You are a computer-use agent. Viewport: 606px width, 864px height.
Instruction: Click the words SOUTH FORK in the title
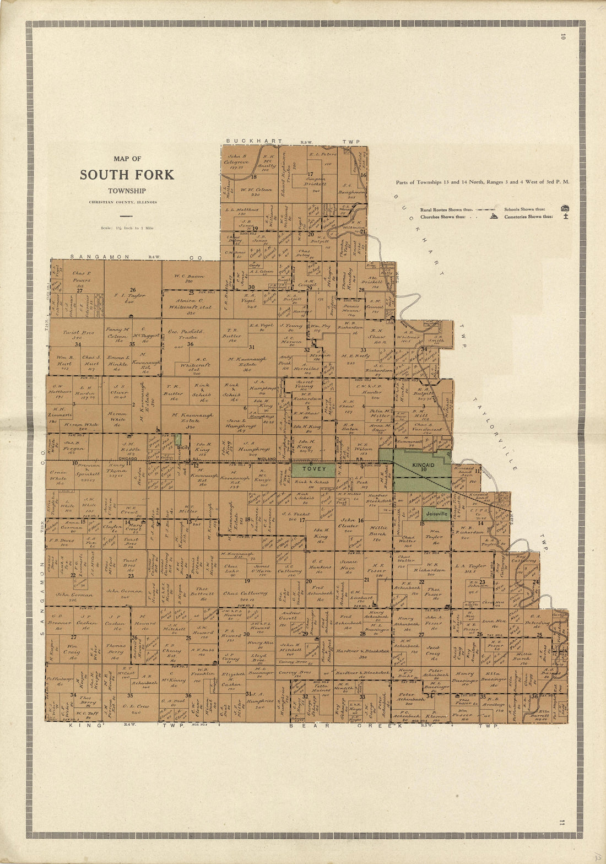[127, 175]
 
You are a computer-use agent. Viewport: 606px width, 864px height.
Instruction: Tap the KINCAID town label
[423, 466]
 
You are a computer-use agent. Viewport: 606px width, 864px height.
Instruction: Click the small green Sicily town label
[183, 447]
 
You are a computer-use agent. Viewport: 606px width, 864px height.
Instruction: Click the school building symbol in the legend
[564, 209]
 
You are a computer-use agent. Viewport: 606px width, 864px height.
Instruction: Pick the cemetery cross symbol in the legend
[565, 217]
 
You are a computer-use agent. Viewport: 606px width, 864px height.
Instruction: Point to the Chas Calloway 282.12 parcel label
[246, 593]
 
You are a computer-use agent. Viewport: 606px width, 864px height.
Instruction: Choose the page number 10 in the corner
[563, 37]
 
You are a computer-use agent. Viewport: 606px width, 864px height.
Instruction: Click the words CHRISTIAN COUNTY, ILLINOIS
[123, 202]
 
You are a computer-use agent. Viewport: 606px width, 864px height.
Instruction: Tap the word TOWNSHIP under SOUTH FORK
[127, 191]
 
